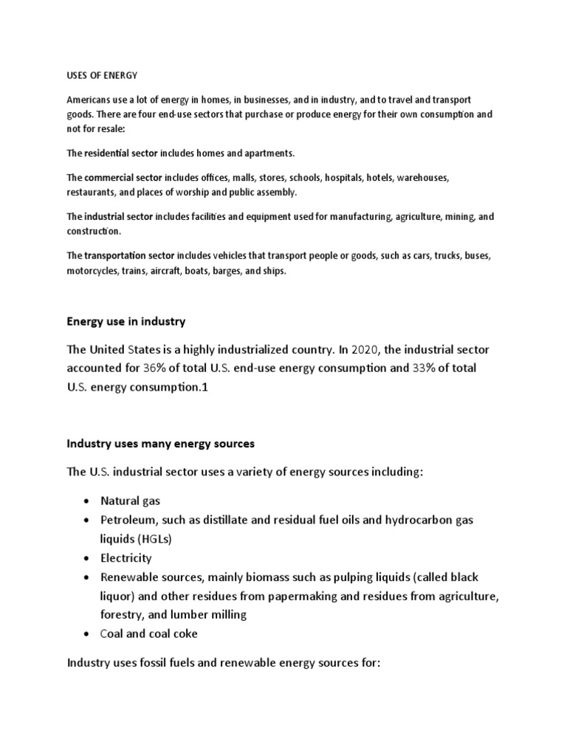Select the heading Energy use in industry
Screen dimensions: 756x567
pyautogui.click(x=126, y=321)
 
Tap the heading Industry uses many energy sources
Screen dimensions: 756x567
pyautogui.click(x=160, y=444)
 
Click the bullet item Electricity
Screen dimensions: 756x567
pyautogui.click(x=127, y=558)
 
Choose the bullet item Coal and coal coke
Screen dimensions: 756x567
pyautogui.click(x=148, y=633)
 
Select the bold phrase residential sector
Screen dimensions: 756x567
pyautogui.click(x=122, y=153)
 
